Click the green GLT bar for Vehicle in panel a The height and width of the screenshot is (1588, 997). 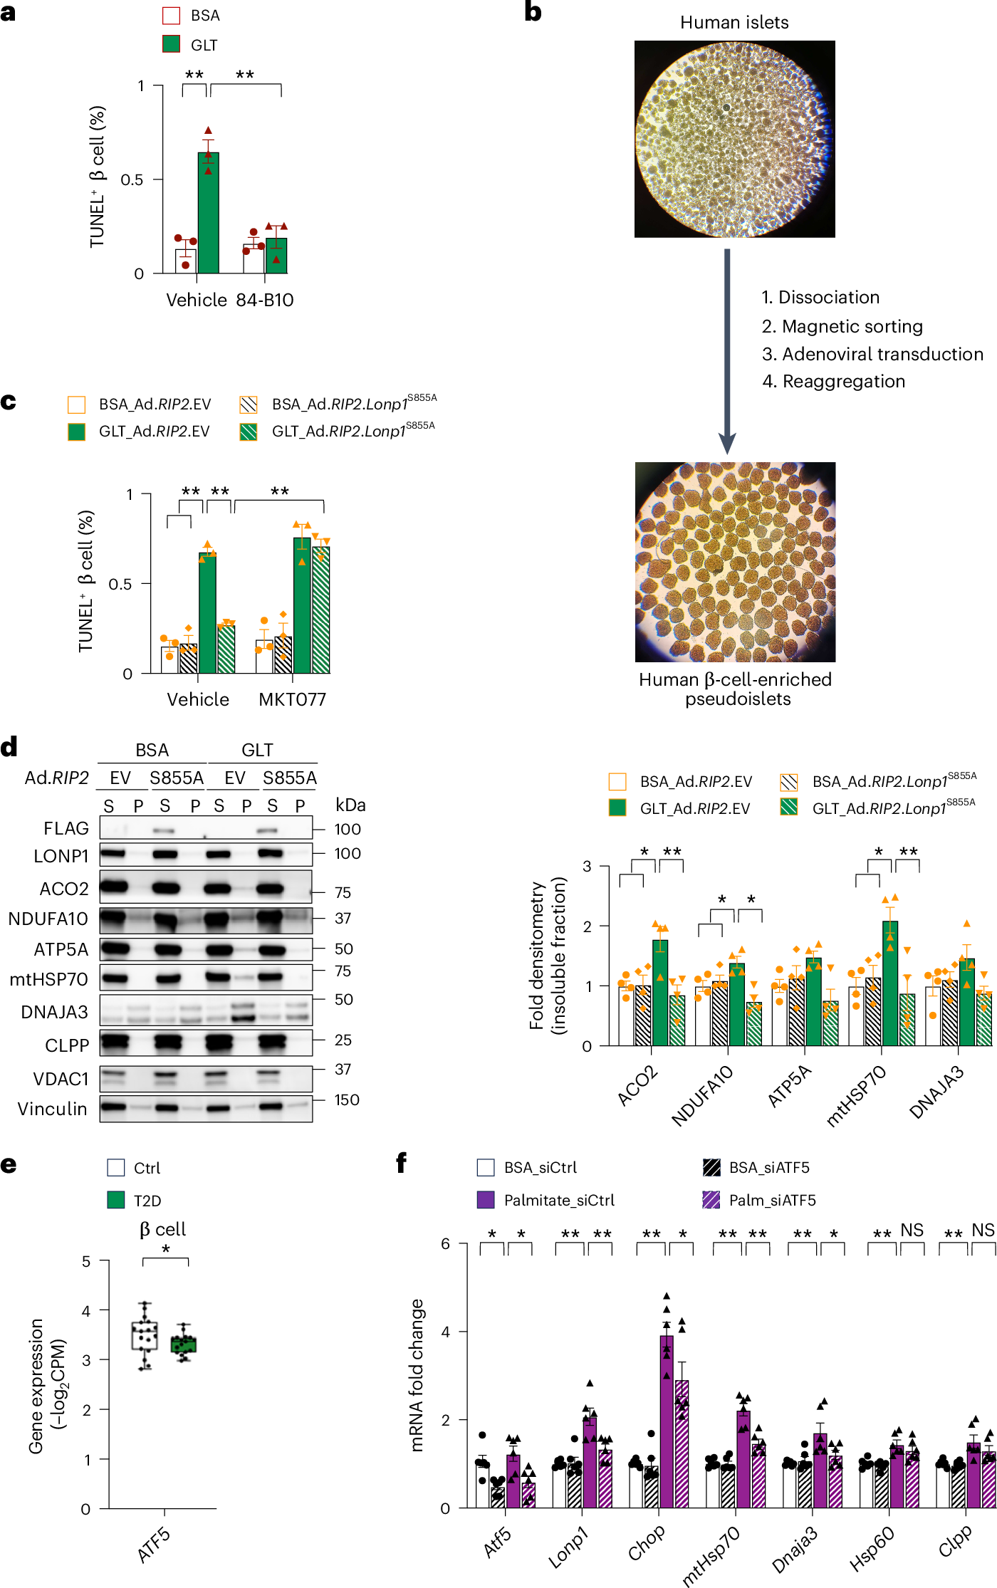point(208,214)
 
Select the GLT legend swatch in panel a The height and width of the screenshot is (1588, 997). point(172,44)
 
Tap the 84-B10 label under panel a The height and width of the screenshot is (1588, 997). point(265,300)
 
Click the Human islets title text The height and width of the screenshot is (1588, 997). point(734,23)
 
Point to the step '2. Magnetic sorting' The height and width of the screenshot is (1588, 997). point(842,326)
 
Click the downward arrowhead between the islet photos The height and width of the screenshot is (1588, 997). point(727,443)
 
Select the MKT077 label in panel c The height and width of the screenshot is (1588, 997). point(292,699)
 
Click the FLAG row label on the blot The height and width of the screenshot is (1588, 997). point(66,828)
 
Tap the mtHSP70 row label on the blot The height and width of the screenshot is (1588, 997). point(48,979)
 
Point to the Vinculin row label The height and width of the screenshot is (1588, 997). point(52,1109)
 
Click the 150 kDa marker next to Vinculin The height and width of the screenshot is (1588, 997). point(347,1099)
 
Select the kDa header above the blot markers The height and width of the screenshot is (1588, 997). point(350,805)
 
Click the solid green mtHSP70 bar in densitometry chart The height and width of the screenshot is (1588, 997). point(890,983)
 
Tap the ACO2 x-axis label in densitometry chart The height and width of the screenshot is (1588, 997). point(637,1086)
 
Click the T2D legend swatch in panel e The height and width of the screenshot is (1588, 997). point(116,1200)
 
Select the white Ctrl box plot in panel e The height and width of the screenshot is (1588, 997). point(145,1335)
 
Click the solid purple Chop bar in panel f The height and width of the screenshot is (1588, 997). point(667,1421)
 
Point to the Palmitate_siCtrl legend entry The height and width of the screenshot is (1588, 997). point(558,1200)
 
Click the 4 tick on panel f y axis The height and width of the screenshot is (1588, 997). point(445,1331)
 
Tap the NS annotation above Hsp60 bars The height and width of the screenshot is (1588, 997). point(912,1230)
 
